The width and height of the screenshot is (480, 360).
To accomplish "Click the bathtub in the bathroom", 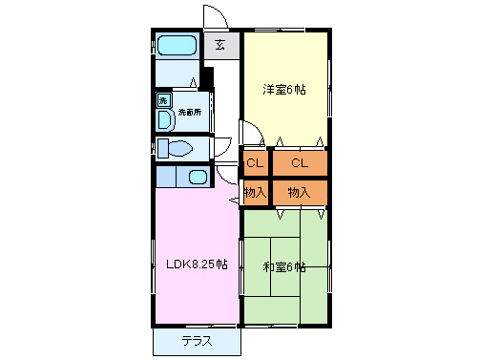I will point(177,45).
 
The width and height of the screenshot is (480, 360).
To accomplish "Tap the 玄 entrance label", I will point(219,45).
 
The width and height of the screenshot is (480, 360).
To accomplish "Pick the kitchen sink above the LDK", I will point(198,177).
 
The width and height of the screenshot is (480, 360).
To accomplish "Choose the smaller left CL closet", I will point(254,163).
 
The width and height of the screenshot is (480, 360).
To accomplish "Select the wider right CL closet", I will point(300,163).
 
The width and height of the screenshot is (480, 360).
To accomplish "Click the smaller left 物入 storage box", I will point(254,192).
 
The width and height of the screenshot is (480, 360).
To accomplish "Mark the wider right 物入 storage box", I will point(300,192).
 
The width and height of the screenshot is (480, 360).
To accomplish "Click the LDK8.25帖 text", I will point(197,265).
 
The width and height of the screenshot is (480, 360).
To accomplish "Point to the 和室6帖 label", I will point(284,267).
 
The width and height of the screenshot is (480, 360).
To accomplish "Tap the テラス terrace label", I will point(196,341).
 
